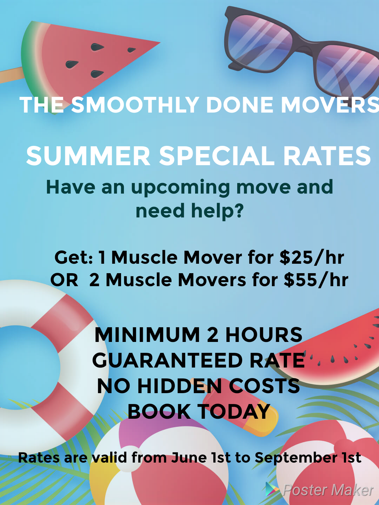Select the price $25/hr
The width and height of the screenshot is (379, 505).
tap(312, 257)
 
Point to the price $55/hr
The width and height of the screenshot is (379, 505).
tap(316, 280)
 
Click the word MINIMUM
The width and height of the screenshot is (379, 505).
tap(147, 335)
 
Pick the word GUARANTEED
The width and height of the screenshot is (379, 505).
tap(167, 360)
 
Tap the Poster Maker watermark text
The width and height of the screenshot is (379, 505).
tap(328, 490)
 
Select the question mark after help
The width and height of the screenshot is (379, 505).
tap(238, 210)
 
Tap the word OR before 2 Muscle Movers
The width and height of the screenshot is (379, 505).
tap(64, 280)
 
